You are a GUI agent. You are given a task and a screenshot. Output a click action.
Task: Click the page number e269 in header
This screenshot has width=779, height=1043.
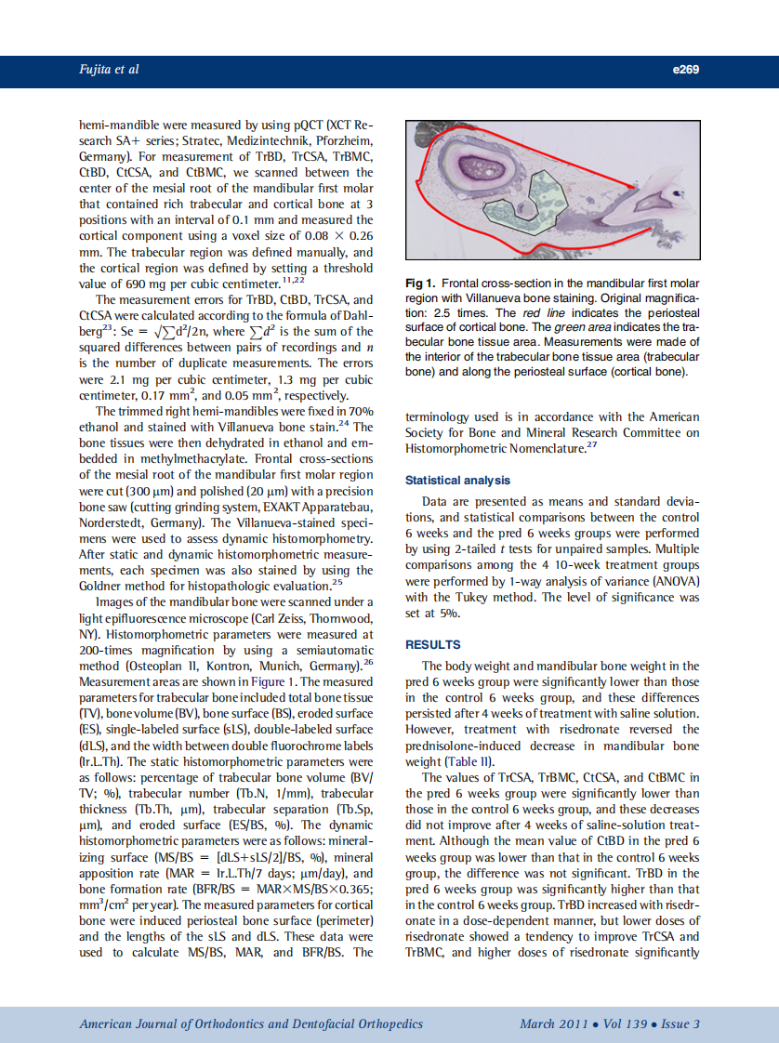point(685,70)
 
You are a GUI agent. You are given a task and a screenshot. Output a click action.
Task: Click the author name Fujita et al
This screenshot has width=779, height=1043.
point(107,70)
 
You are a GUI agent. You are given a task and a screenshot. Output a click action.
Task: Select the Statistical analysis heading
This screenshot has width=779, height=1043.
point(457,481)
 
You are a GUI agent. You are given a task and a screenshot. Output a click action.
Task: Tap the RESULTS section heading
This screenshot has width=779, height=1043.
point(432,644)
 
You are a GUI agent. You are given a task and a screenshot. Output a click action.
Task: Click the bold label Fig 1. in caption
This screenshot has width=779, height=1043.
point(420,284)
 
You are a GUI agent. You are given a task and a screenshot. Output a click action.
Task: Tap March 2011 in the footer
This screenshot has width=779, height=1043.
point(553,1024)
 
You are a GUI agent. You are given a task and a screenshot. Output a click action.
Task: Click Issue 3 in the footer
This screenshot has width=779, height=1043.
point(681,1024)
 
